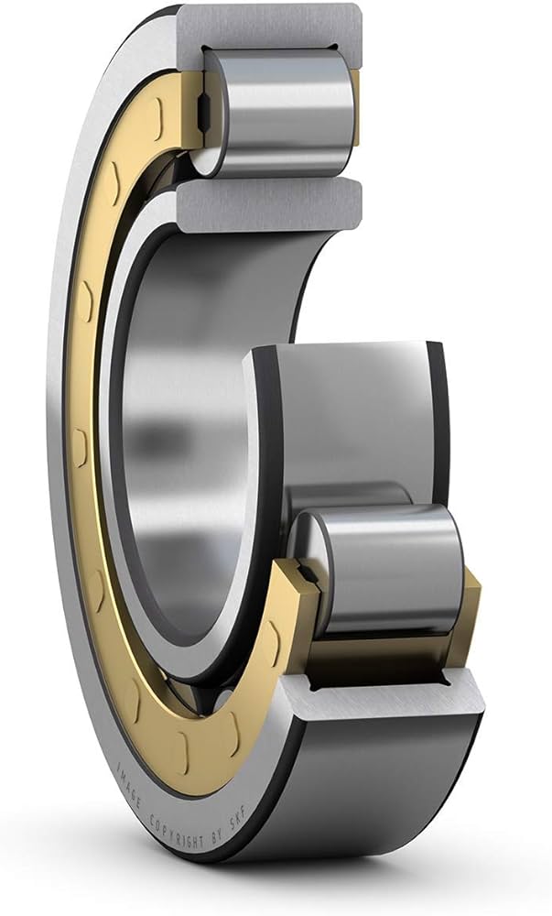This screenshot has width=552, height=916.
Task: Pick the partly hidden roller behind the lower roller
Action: [348, 495]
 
